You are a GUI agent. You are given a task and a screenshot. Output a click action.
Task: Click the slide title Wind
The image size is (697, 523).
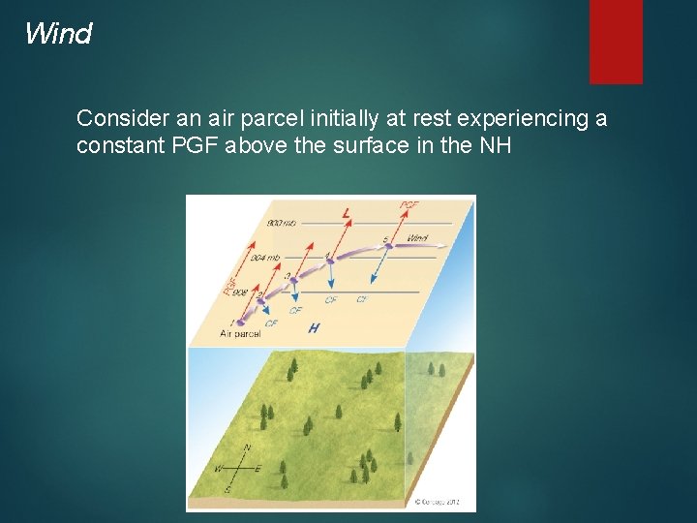pyautogui.click(x=58, y=34)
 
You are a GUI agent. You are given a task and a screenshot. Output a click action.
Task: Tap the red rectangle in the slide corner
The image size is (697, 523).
pyautogui.click(x=616, y=41)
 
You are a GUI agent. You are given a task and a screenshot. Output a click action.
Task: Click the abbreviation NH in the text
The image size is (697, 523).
pyautogui.click(x=496, y=146)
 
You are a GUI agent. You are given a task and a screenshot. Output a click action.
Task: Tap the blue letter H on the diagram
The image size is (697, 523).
pyautogui.click(x=313, y=328)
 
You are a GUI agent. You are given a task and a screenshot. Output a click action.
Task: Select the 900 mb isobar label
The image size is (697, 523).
pyautogui.click(x=282, y=224)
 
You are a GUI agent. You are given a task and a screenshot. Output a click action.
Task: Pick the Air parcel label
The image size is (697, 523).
pyautogui.click(x=240, y=333)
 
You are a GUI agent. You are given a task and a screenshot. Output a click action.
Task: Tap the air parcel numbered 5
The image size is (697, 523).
pyautogui.click(x=388, y=246)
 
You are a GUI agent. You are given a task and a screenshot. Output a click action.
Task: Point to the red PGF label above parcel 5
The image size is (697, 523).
pyautogui.click(x=409, y=205)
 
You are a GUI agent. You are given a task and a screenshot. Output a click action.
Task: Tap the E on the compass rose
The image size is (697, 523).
pyautogui.click(x=258, y=469)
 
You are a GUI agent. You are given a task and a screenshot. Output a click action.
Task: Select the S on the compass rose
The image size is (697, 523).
pyautogui.click(x=228, y=490)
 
